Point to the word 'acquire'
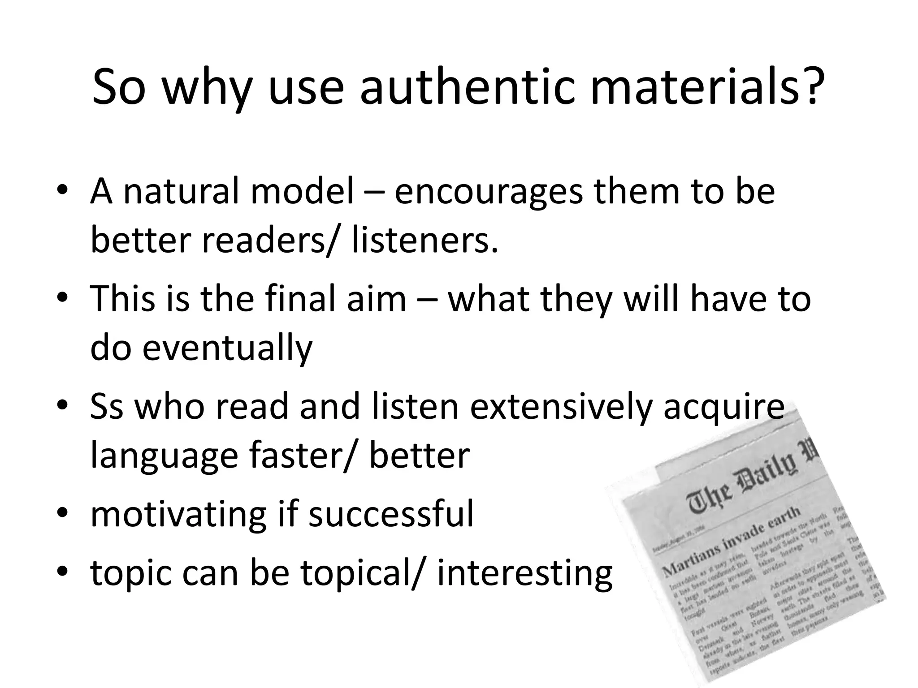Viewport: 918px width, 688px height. click(x=723, y=408)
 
